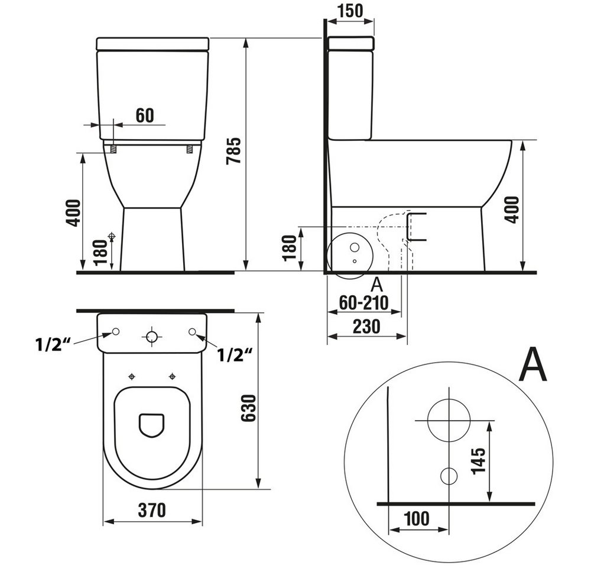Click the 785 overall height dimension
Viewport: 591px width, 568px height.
[233, 151]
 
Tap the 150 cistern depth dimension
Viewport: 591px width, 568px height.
[350, 10]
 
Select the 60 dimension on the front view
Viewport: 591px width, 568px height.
[145, 115]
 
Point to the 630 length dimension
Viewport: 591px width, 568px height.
[249, 408]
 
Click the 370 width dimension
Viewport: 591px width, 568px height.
[152, 510]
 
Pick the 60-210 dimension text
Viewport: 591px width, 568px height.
[363, 302]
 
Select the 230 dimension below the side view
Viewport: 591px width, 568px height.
[366, 327]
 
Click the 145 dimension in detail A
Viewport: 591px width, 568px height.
[478, 461]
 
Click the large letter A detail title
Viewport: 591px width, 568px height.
[532, 364]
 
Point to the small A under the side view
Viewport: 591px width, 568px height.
[377, 285]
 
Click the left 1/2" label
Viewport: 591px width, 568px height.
[53, 344]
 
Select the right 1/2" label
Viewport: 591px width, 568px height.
[235, 355]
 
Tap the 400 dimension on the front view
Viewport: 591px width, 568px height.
[73, 213]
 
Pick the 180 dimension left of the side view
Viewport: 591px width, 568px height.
[290, 248]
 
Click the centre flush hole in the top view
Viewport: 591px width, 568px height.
[152, 336]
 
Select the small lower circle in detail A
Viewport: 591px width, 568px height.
[449, 476]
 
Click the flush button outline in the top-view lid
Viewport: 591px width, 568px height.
[152, 425]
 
